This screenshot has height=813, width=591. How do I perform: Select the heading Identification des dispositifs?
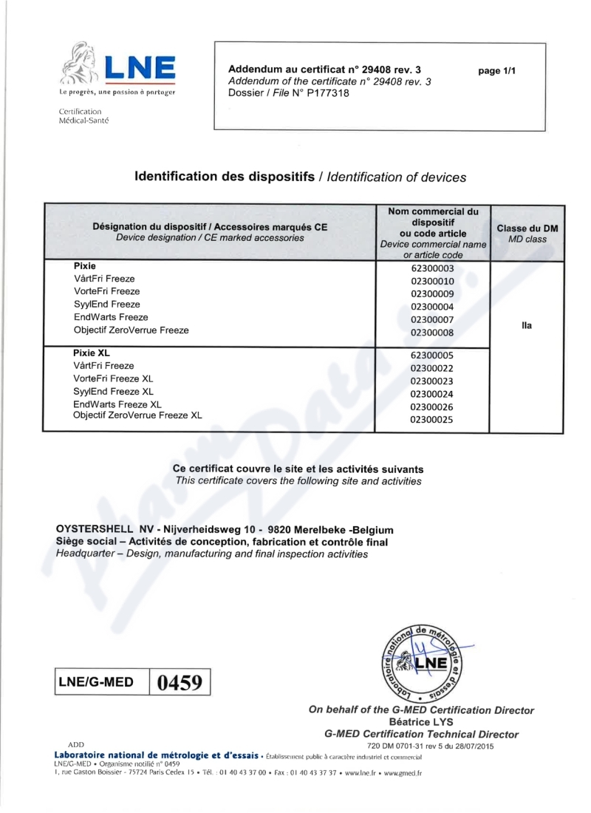225,177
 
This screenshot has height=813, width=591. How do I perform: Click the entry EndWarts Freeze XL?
117,404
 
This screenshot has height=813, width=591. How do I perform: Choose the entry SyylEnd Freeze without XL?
106,305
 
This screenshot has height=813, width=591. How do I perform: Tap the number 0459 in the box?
180,681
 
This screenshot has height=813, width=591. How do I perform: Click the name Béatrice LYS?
420,722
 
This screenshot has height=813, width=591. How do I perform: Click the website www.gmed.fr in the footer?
401,773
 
